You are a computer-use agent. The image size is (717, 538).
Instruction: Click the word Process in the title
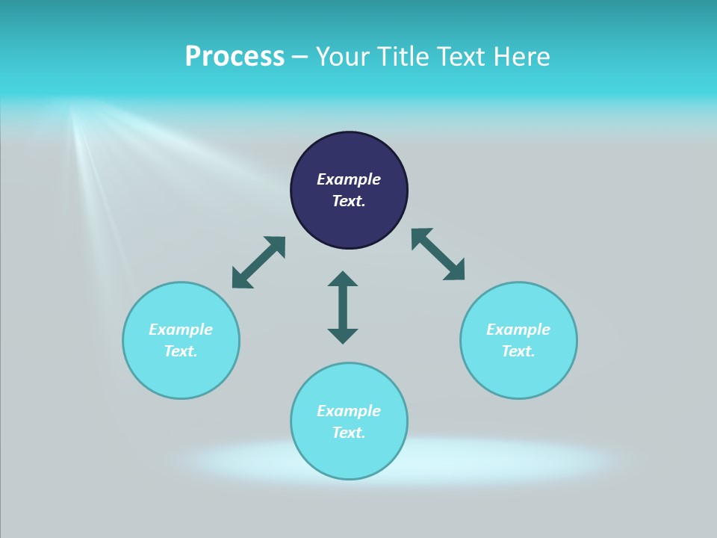click(235, 57)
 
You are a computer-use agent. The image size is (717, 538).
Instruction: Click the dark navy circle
click(349, 217)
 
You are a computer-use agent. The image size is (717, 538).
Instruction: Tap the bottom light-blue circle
click(349, 456)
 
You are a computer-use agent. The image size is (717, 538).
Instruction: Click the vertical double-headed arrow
click(343, 307)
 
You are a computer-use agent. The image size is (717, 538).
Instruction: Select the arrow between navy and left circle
click(258, 262)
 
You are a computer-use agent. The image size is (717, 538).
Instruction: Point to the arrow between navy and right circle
click(438, 254)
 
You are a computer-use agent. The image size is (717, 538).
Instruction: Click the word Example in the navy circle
click(349, 179)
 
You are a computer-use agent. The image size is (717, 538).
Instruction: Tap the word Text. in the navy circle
click(349, 201)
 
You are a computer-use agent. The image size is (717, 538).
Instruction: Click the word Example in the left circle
click(181, 330)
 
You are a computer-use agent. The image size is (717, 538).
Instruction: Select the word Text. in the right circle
click(518, 351)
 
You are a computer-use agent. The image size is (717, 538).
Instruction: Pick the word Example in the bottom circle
click(349, 411)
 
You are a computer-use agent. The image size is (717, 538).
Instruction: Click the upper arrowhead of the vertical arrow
click(343, 279)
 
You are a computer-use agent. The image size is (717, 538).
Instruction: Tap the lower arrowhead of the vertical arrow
click(343, 336)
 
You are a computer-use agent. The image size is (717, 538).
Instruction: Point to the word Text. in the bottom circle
click(349, 433)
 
